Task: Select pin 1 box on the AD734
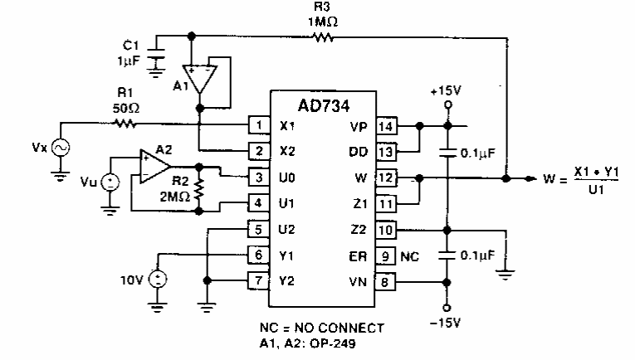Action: click(258, 127)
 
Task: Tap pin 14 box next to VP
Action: click(388, 127)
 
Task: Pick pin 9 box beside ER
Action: click(388, 257)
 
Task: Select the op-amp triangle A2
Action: click(152, 165)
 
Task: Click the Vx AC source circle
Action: click(61, 148)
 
